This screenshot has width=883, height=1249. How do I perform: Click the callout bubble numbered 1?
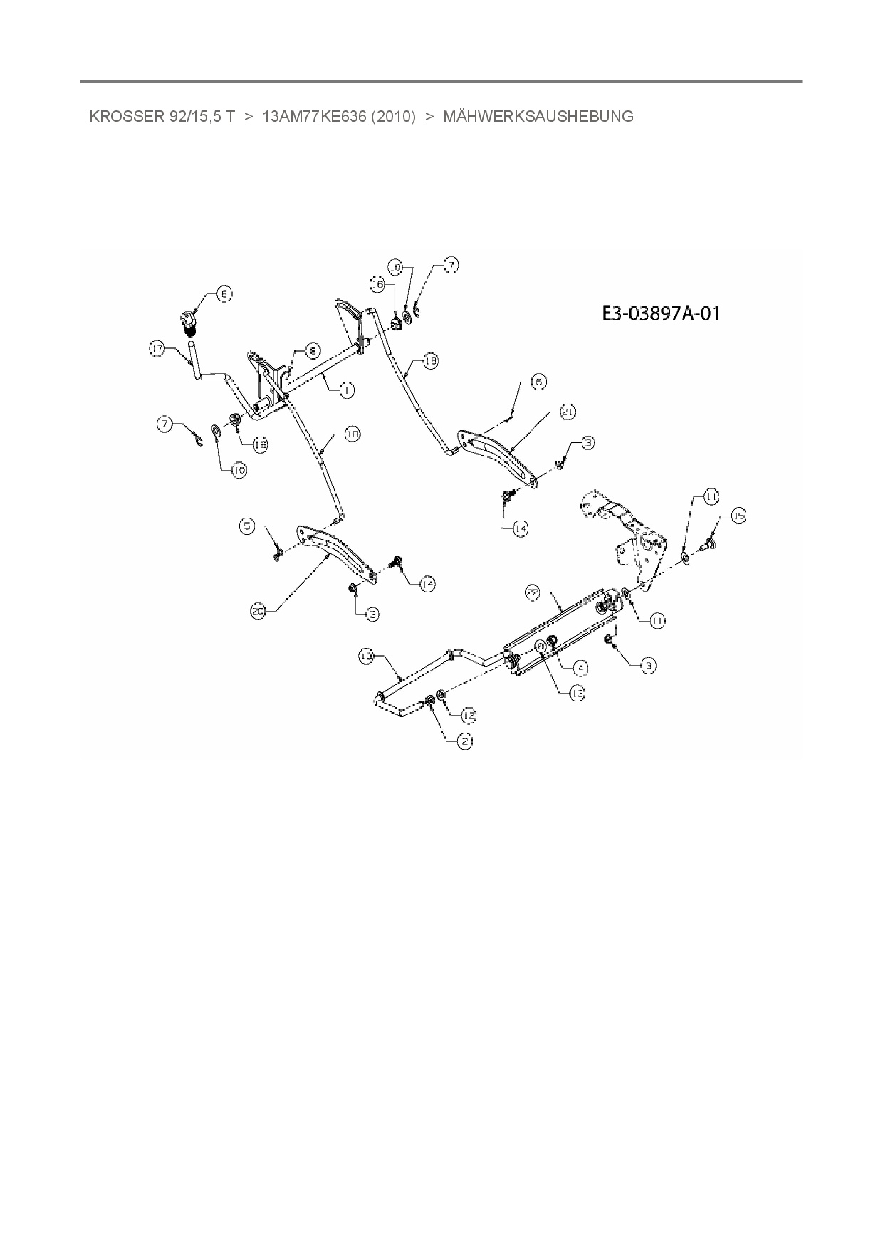point(347,390)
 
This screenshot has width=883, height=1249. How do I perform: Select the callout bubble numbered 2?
point(464,741)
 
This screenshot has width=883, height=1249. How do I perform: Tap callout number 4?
point(581,667)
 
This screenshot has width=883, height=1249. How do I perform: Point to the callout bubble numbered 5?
point(247,526)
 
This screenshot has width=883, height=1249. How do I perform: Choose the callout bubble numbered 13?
point(577,692)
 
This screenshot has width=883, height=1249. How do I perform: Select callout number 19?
point(367,658)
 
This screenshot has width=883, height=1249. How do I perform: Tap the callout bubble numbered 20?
point(258,610)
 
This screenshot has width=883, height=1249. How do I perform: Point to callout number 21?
point(568,412)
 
